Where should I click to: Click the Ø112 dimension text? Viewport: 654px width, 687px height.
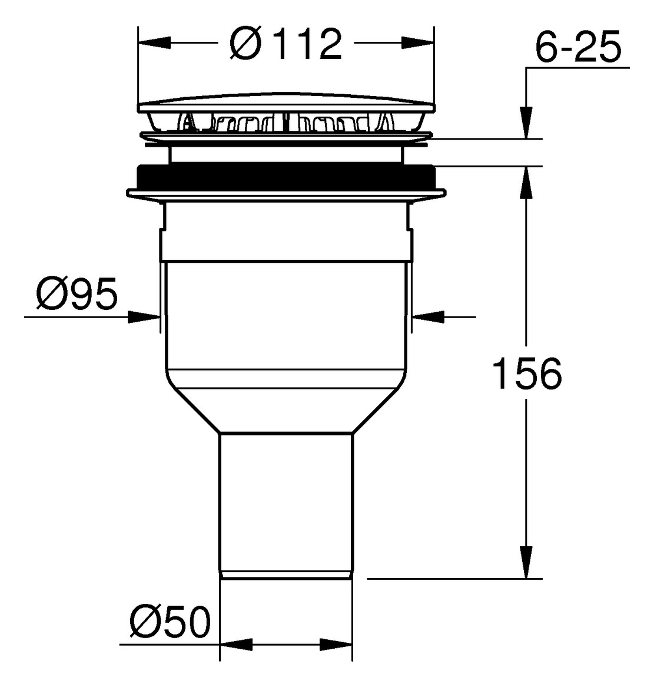pyautogui.click(x=286, y=44)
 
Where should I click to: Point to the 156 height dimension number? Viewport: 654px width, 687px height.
pyautogui.click(x=527, y=374)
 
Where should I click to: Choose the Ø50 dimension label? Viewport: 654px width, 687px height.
pyautogui.click(x=170, y=622)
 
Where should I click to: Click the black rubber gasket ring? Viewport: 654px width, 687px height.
pyautogui.click(x=286, y=176)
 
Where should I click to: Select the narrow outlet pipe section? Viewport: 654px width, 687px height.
pyautogui.click(x=286, y=501)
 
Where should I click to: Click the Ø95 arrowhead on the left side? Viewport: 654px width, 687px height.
pyautogui.click(x=144, y=317)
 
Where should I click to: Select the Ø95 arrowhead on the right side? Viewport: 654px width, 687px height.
pyautogui.click(x=429, y=317)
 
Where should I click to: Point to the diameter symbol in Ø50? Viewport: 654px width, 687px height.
pyautogui.click(x=143, y=622)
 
